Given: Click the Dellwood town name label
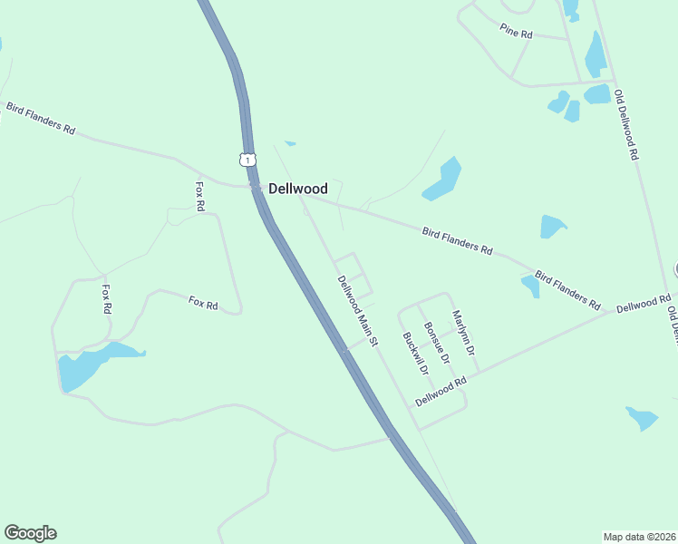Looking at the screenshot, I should (297, 189).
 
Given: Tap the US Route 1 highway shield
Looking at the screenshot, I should (247, 160).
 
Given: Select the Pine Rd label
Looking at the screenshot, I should (516, 30).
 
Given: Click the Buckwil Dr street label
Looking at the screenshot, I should (414, 355).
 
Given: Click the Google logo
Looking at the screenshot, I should (30, 533).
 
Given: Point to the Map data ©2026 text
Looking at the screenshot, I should (640, 536).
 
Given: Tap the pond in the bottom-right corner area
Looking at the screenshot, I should (643, 418).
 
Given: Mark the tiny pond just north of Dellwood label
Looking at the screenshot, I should (290, 142).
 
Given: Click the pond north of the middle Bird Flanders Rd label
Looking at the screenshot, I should (442, 179).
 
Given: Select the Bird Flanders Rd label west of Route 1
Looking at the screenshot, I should (40, 118).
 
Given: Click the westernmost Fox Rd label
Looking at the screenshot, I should (107, 299).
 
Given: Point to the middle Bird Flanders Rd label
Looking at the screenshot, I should (457, 240).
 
